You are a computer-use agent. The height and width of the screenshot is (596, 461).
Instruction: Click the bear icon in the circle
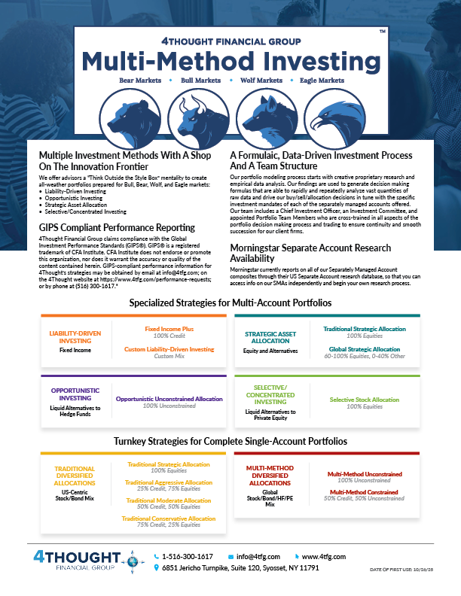[124, 114]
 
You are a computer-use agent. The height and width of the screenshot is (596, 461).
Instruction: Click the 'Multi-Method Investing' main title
[230, 59]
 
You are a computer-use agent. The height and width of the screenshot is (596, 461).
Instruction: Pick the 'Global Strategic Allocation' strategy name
[362, 349]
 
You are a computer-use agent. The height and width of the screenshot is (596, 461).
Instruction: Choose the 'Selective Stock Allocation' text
[365, 399]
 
